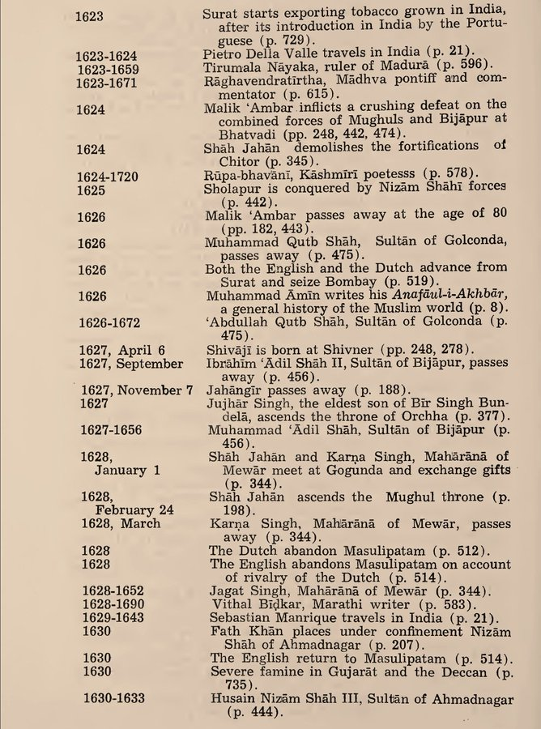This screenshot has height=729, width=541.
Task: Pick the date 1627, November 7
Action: (x=136, y=390)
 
